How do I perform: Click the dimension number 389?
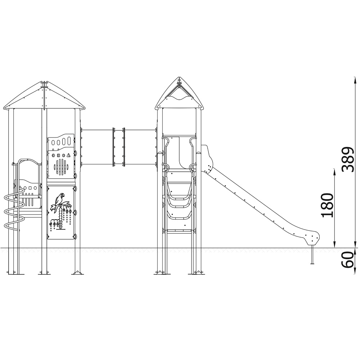(x=347, y=159)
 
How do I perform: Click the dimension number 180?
(x=327, y=205)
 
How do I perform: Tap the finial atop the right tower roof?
(x=179, y=81)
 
